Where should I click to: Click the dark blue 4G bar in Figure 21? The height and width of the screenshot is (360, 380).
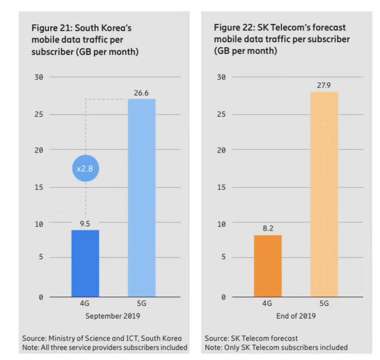[85, 263]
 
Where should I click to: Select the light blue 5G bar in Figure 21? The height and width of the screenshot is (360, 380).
[141, 198]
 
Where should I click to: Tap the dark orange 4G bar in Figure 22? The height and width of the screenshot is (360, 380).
[268, 266]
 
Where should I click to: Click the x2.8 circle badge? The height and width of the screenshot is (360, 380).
[85, 168]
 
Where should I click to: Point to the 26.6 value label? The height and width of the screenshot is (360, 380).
[141, 93]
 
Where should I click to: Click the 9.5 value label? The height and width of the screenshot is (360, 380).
[85, 224]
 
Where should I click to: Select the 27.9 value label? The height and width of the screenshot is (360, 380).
[324, 86]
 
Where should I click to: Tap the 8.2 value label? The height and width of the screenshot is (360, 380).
[268, 229]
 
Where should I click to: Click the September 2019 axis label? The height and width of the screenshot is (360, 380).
[112, 316]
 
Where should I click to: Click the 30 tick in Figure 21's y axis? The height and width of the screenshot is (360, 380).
[39, 77]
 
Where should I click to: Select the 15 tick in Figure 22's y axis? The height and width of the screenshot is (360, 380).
[221, 187]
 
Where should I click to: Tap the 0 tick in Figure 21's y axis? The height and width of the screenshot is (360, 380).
[41, 297]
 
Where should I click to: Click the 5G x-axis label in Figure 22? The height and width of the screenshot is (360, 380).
[324, 304]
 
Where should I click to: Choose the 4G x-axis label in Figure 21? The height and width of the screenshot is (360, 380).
[85, 304]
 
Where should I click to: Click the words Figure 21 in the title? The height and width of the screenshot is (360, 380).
[51, 27]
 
